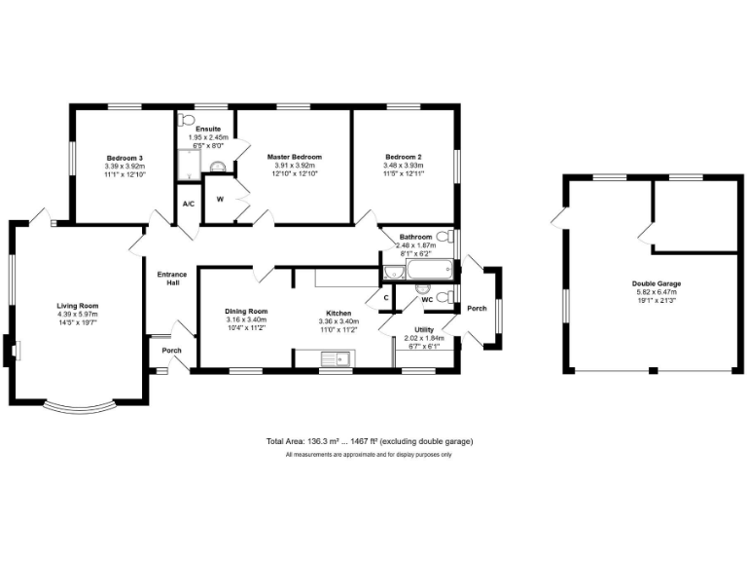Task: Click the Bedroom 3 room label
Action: (x=124, y=158)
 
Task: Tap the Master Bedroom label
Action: (x=295, y=157)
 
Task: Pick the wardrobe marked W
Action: (x=220, y=200)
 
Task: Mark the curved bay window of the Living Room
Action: (x=82, y=406)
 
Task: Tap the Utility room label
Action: (x=423, y=330)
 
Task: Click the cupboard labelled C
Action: (x=386, y=297)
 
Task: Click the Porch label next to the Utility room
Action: (x=477, y=309)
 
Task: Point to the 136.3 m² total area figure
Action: (x=326, y=441)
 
